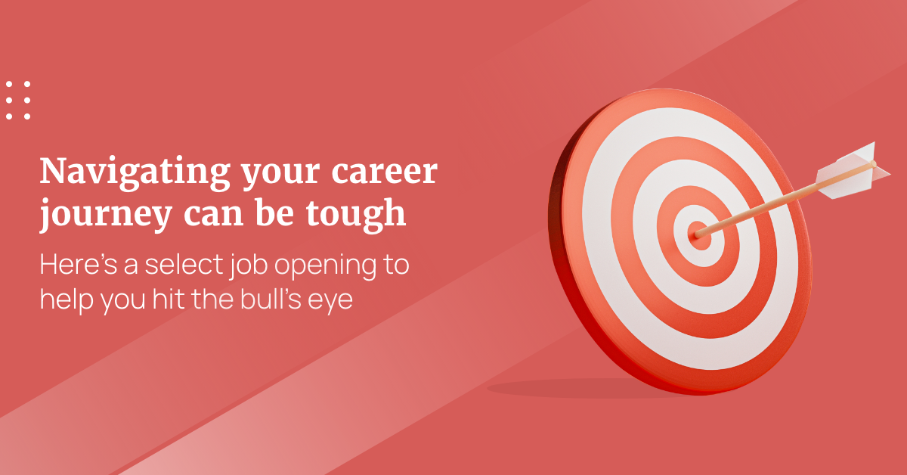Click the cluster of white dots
click(17, 100)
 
